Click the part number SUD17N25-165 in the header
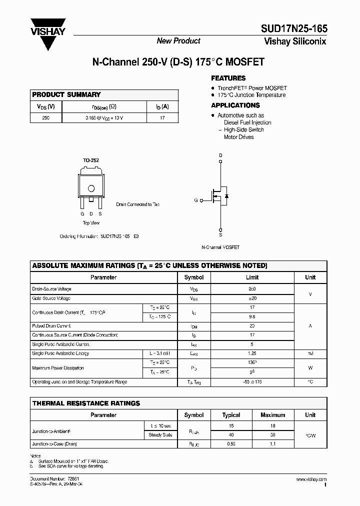click(294, 29)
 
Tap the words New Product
click(178, 41)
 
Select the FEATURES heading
click(228, 78)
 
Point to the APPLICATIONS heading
click(235, 105)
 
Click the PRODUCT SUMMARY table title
click(66, 94)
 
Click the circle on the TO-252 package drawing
click(91, 188)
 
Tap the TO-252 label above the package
click(91, 160)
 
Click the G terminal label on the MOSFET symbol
click(196, 200)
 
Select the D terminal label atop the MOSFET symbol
click(220, 155)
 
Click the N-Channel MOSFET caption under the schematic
click(220, 247)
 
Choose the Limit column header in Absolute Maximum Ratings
click(252, 277)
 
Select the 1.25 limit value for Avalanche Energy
click(252, 353)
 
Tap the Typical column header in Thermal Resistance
click(231, 415)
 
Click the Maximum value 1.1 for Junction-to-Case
click(273, 443)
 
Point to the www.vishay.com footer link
click(311, 479)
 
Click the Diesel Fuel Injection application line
click(247, 122)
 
